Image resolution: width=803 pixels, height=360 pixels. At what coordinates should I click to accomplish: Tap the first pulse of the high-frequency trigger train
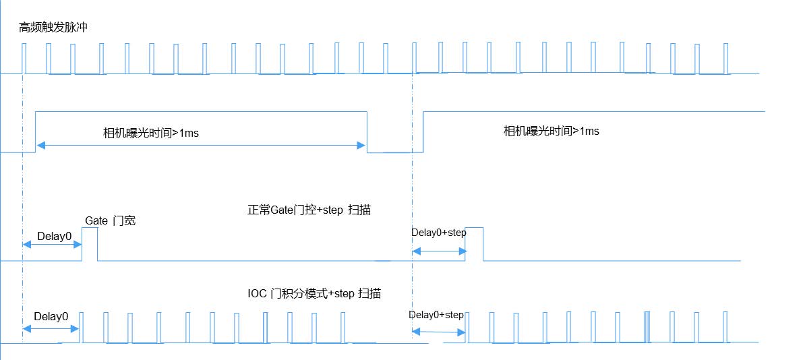[24, 58]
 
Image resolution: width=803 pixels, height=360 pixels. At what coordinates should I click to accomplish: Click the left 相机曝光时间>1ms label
[150, 133]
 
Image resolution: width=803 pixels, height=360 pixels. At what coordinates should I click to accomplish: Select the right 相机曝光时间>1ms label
[551, 131]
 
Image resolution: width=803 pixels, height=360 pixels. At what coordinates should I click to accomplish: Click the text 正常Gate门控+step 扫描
[309, 210]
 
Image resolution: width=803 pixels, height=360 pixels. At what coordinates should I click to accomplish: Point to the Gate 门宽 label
[110, 220]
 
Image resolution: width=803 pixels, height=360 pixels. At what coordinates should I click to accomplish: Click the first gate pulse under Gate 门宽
[89, 243]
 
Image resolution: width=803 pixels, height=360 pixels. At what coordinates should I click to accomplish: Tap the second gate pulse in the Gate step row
[474, 243]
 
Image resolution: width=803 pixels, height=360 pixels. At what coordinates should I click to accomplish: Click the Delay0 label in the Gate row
[54, 236]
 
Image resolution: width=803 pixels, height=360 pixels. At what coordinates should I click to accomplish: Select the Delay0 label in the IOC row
[51, 316]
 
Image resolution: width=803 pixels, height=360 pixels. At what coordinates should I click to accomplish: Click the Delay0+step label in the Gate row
[438, 233]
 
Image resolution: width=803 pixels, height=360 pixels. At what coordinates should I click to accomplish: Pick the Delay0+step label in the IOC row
[436, 315]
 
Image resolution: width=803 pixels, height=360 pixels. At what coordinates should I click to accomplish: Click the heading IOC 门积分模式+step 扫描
[314, 293]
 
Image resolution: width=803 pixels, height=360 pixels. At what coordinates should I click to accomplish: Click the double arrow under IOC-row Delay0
[51, 328]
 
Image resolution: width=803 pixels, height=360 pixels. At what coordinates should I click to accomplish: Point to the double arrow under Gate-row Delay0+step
[438, 251]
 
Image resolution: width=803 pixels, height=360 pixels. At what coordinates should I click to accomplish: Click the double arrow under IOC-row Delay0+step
[438, 330]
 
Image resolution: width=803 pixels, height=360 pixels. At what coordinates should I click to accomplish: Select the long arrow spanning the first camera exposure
[201, 144]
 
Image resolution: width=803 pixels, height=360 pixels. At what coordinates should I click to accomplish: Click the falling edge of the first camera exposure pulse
[367, 131]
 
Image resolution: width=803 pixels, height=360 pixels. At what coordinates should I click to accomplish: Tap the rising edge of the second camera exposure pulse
[423, 131]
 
